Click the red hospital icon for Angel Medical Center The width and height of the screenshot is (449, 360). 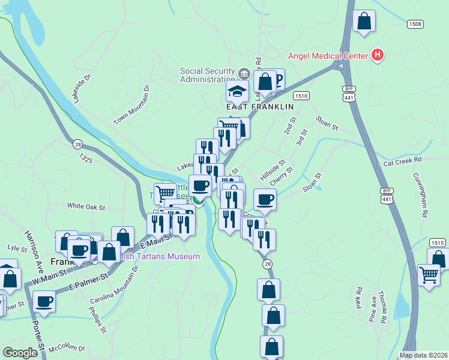pyautogui.click(x=378, y=56)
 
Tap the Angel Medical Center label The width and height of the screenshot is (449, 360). pyautogui.click(x=328, y=56)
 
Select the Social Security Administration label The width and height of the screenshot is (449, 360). pyautogui.click(x=207, y=75)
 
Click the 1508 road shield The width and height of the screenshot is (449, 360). pyautogui.click(x=415, y=24)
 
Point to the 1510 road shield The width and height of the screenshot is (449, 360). pyautogui.click(x=301, y=95)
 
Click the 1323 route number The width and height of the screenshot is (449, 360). pyautogui.click(x=86, y=158)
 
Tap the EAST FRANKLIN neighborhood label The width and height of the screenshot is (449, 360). pyautogui.click(x=259, y=106)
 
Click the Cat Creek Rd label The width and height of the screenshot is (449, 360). pyautogui.click(x=403, y=161)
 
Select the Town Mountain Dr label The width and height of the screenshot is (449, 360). pyautogui.click(x=131, y=105)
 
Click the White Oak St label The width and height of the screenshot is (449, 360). pyautogui.click(x=86, y=206)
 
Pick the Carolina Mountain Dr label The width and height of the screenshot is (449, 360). pyautogui.click(x=114, y=285)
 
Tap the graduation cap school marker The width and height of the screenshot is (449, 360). pyautogui.click(x=237, y=92)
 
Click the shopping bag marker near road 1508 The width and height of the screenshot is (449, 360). pyautogui.click(x=364, y=22)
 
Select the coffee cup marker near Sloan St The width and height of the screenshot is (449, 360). pyautogui.click(x=265, y=199)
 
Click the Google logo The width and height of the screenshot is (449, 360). pyautogui.click(x=20, y=353)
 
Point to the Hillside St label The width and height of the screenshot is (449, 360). pyautogui.click(x=272, y=171)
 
